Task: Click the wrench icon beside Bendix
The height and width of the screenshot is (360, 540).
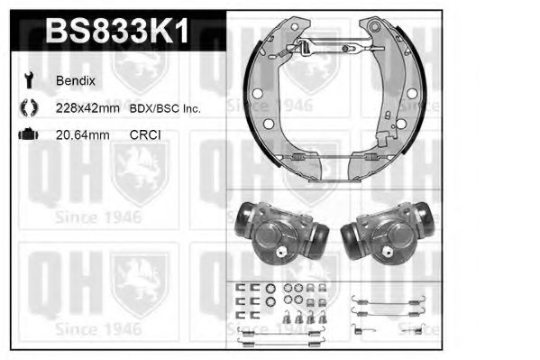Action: (x=26, y=80)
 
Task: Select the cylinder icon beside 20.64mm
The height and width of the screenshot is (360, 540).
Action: (x=26, y=135)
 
